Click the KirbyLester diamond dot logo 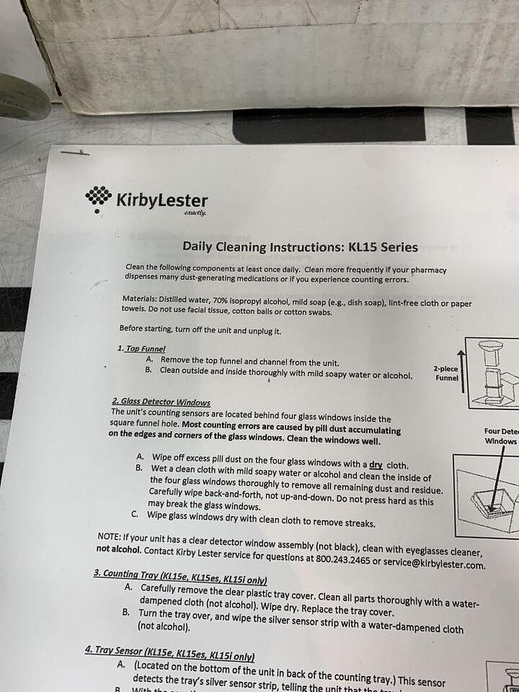[98, 198]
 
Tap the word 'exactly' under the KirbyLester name [195, 213]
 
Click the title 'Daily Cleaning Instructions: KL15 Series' [300, 247]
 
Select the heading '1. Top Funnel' [141, 348]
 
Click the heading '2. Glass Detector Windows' [161, 401]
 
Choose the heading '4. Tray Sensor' [169, 650]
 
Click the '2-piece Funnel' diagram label [446, 373]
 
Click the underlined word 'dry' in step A [375, 465]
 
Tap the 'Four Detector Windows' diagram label [501, 436]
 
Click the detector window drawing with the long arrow [488, 492]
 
